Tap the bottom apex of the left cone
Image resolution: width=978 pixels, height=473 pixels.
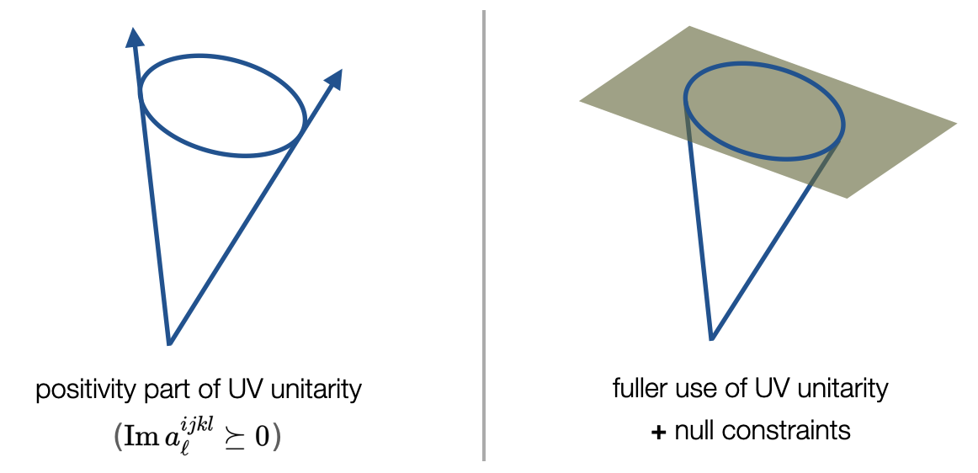[x=170, y=343]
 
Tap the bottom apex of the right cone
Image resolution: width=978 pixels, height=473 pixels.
[x=712, y=338]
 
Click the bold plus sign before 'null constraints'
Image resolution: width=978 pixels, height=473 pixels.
[x=658, y=432]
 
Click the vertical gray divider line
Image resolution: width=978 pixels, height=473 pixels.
[x=484, y=236]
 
